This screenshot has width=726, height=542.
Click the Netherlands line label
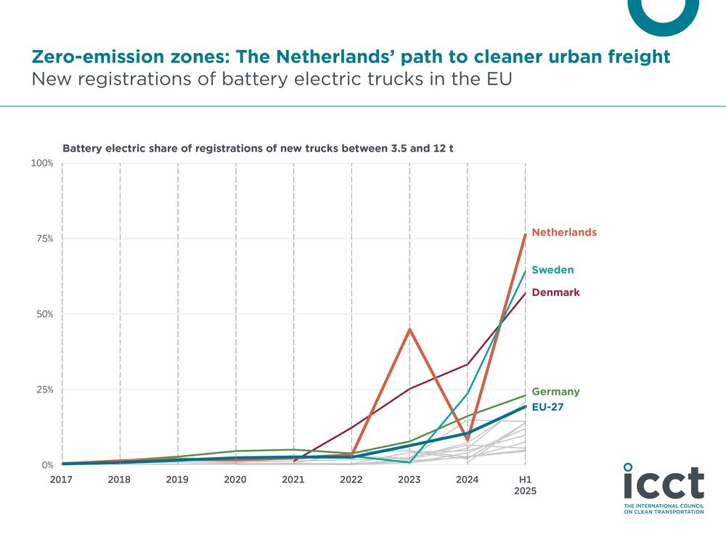coord(564,233)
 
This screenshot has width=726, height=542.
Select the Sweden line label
coord(552,270)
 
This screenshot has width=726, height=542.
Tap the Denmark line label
coord(555,292)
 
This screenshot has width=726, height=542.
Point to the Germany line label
coord(555,392)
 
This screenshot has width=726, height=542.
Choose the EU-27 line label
coord(547,408)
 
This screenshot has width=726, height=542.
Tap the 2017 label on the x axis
coord(62,480)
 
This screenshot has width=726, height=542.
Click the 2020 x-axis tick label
coord(235,480)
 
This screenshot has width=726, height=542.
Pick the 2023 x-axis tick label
coord(409,480)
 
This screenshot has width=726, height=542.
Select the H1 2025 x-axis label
coord(526,485)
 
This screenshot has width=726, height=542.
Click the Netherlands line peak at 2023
coord(409,329)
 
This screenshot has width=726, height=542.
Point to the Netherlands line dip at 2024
coord(468,440)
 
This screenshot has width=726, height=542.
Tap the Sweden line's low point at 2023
coord(409,462)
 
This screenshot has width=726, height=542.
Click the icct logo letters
coord(664,483)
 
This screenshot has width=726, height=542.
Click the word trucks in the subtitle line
coord(370,79)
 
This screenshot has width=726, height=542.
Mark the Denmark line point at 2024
coord(468,364)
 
